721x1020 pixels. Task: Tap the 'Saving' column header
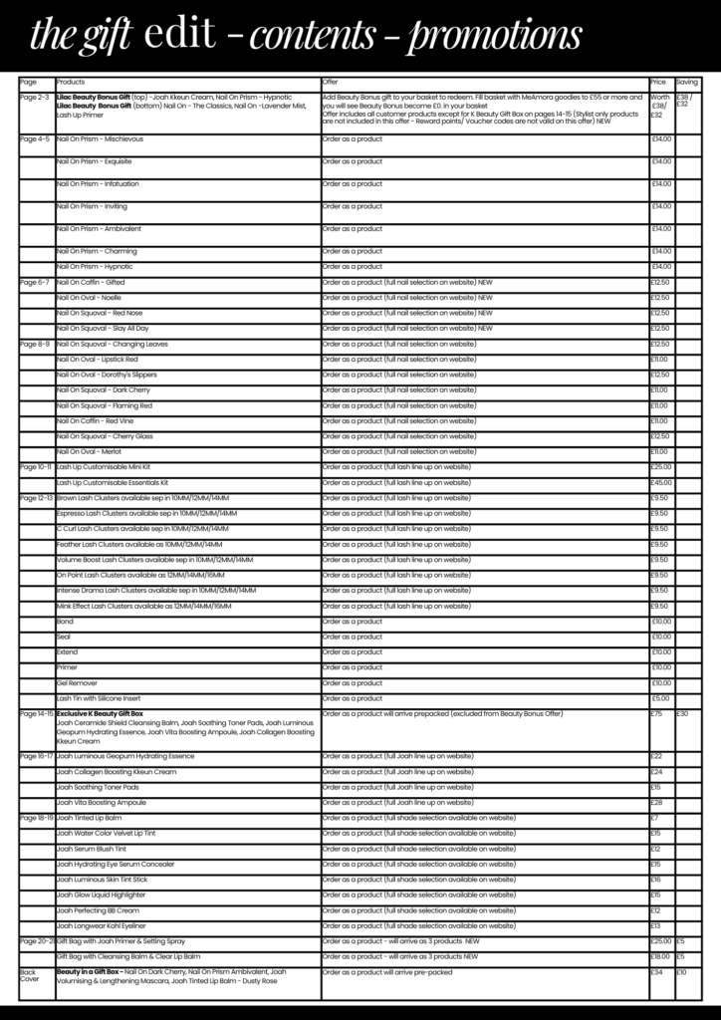(687, 81)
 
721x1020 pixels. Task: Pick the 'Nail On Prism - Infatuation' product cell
(98, 184)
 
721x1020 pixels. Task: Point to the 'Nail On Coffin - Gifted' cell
(91, 282)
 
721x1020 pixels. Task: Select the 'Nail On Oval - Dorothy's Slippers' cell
(107, 375)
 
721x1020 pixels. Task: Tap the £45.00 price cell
(661, 482)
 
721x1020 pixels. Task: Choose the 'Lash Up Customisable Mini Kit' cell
(104, 467)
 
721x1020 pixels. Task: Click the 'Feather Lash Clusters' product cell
(139, 544)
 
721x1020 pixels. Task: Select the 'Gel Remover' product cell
(76, 683)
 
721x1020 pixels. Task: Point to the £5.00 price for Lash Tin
(661, 698)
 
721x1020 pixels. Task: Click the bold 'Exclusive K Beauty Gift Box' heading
(101, 714)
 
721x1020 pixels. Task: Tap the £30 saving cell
(683, 714)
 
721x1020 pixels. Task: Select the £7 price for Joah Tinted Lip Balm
(656, 818)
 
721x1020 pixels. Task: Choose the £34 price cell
(657, 971)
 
